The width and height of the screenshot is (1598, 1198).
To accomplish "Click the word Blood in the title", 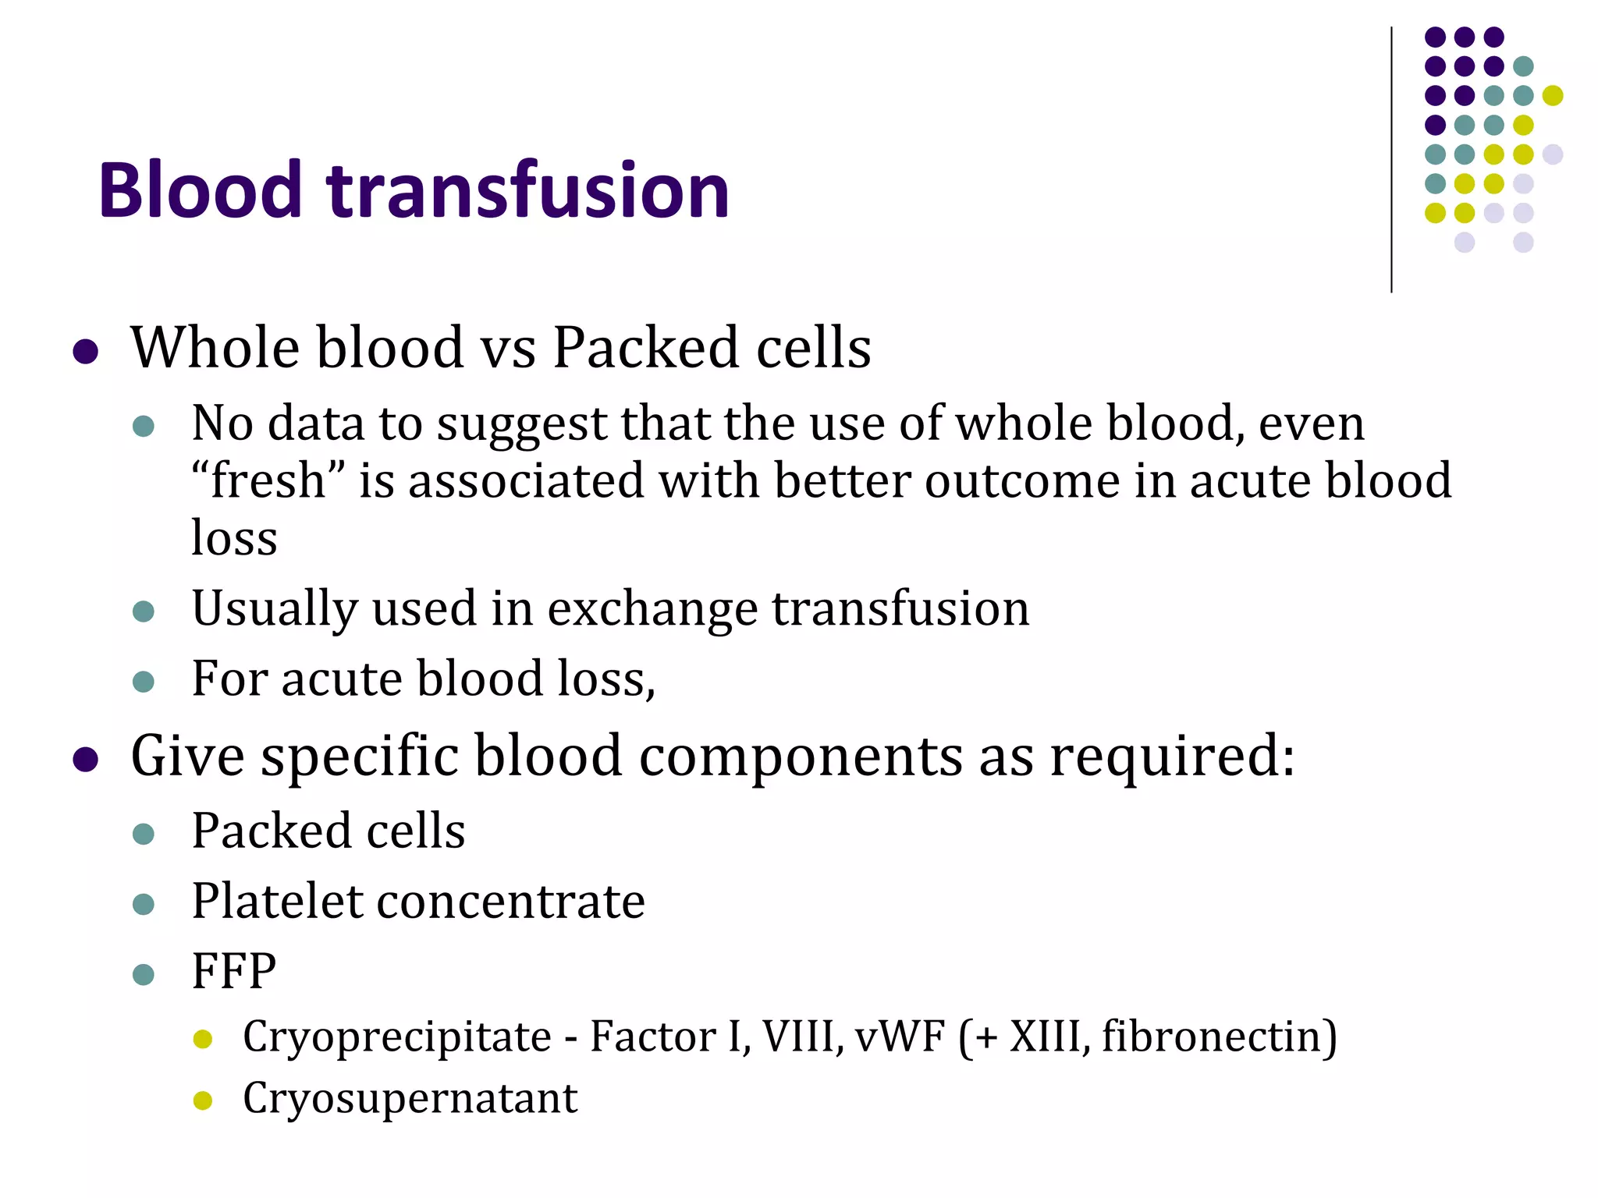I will (200, 190).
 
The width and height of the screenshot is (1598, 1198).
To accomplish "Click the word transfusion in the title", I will (528, 190).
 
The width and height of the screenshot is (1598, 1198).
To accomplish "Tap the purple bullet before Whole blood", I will (85, 351).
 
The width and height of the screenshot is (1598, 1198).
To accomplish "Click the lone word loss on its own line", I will (234, 538).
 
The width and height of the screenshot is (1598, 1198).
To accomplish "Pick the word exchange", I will (652, 608).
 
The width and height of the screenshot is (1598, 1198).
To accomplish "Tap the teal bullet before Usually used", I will (144, 611).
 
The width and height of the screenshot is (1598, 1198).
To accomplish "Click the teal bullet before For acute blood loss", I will (144, 682).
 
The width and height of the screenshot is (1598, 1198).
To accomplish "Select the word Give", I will (187, 757).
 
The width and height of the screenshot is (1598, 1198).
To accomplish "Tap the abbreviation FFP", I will (234, 972).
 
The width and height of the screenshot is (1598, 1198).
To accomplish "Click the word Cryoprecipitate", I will (397, 1037).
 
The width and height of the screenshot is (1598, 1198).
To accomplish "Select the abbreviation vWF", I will (900, 1037).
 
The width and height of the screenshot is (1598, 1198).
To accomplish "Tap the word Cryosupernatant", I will (410, 1098).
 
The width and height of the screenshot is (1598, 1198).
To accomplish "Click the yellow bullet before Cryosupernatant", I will (203, 1101).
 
